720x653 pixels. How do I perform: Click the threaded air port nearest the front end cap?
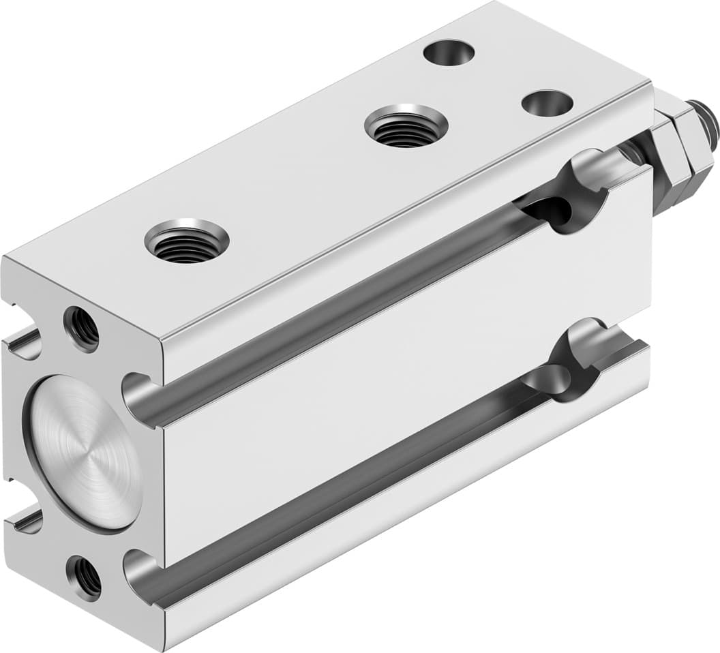pyautogui.click(x=186, y=241)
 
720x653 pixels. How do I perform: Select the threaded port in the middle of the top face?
pyautogui.click(x=406, y=126)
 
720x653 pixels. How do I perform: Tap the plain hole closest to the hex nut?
pyautogui.click(x=547, y=103)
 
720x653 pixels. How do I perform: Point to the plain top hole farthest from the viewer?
pyautogui.click(x=449, y=52)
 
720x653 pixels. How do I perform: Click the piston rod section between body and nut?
pyautogui.click(x=637, y=153)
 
